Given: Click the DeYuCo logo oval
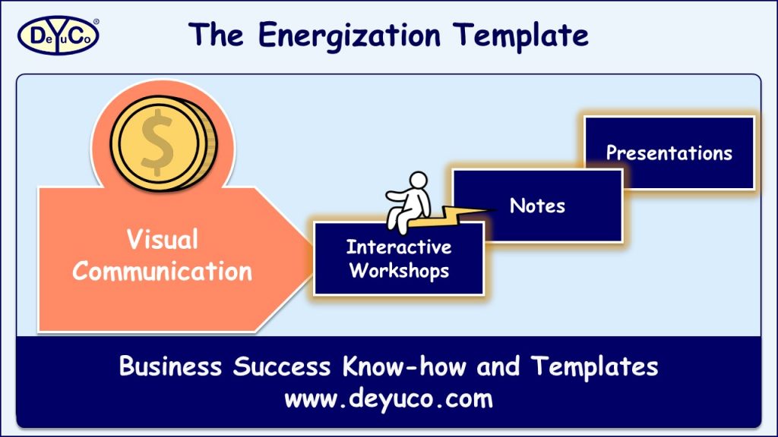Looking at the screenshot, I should point(58,34).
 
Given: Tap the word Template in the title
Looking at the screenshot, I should point(520,35).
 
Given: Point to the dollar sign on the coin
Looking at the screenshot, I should point(157,142).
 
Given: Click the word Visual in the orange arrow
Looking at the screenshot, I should point(162,241).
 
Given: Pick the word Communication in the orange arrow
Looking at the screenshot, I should point(162,271).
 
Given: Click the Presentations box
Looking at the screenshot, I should point(669,153).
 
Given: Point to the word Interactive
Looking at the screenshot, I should point(398,247).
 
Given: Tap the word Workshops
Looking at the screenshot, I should point(398,270).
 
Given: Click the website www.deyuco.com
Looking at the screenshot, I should point(388,398).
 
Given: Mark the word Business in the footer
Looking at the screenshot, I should point(171,367).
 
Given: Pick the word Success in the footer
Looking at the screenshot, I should point(280,367).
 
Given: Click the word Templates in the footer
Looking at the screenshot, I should point(593,367).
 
